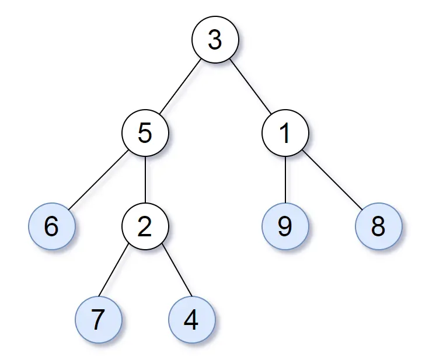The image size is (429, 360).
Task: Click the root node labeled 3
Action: point(215,40)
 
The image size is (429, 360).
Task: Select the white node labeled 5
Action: point(145,133)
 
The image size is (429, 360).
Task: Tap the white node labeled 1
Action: point(285,133)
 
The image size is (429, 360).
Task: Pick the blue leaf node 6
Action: point(51,226)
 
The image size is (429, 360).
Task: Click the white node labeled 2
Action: point(145,226)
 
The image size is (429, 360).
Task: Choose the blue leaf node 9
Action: point(285,226)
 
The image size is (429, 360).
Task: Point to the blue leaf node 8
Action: point(378,226)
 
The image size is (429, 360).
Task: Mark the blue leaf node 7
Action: point(99,320)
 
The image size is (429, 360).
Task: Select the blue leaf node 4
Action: point(191,320)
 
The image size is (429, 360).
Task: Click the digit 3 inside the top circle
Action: point(215,41)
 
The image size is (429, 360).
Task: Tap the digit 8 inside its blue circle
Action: point(378,227)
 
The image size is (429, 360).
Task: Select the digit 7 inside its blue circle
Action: point(99,320)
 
